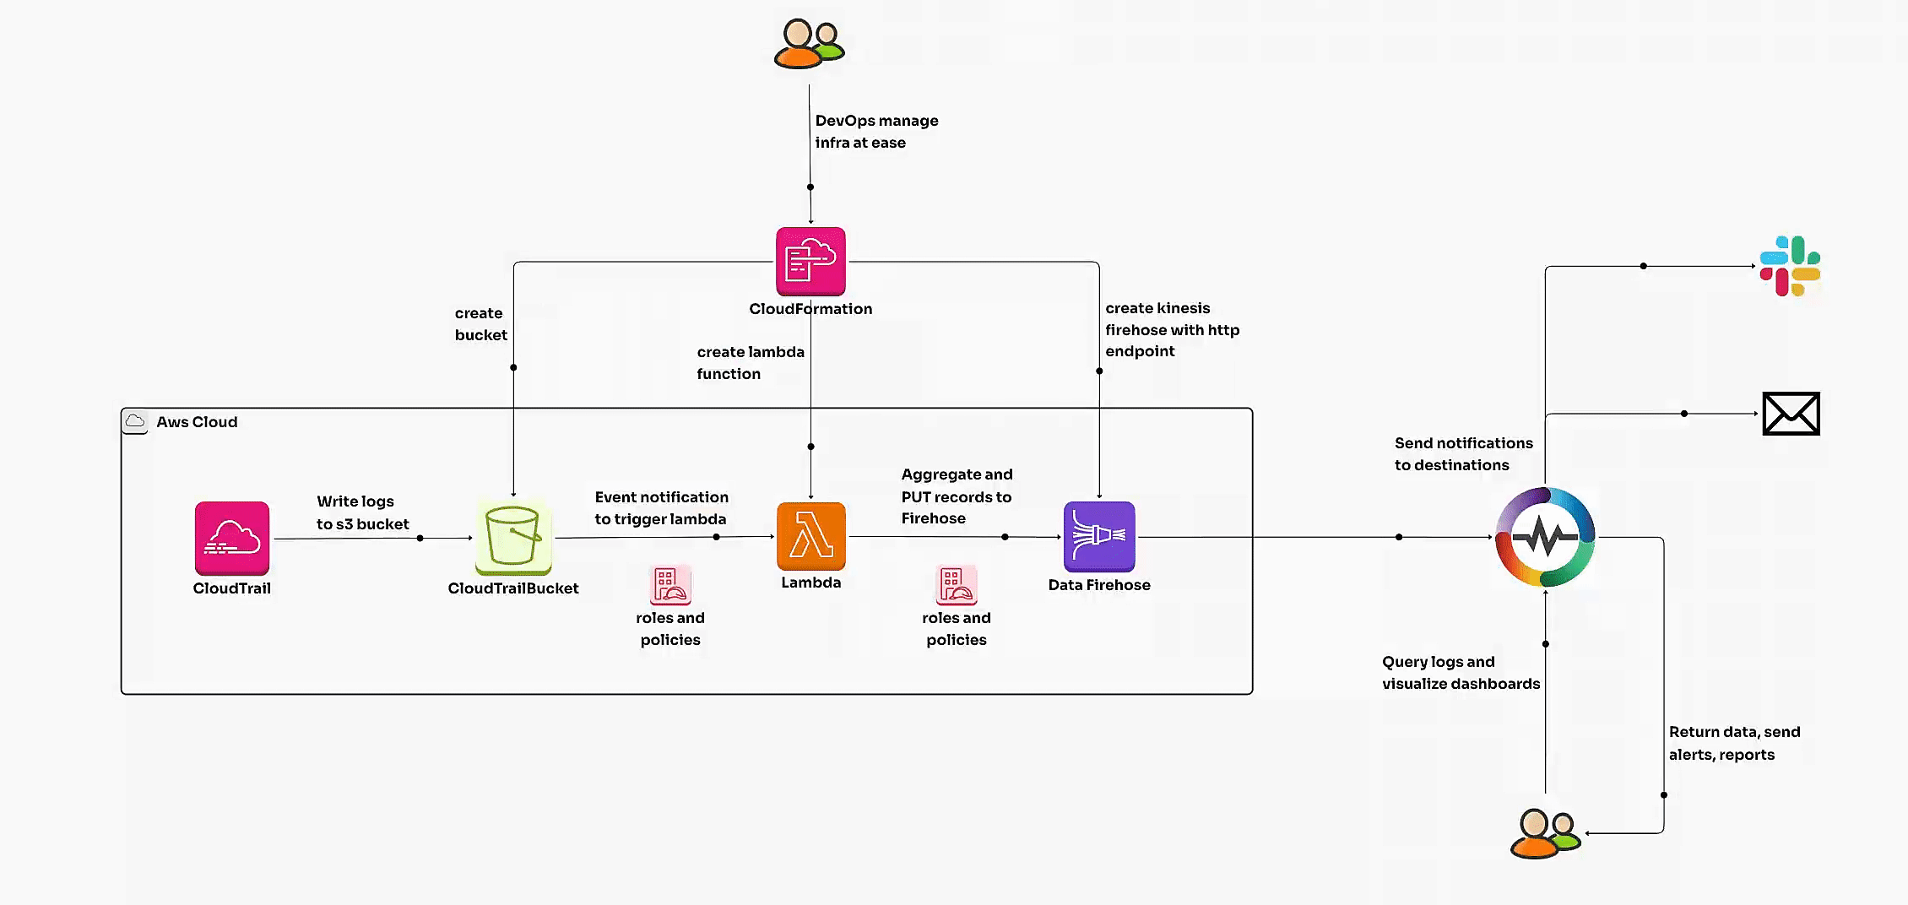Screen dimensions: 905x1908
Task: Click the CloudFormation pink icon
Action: coord(810,261)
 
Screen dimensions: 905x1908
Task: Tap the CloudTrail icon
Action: coord(232,538)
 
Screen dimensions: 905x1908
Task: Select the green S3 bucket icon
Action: coord(513,537)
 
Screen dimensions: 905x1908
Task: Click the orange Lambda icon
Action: coord(810,536)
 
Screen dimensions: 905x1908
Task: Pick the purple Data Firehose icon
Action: coord(1099,536)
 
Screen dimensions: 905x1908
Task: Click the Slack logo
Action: coord(1790,266)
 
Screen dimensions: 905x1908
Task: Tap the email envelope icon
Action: coord(1791,414)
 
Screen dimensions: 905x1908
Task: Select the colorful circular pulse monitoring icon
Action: coord(1545,537)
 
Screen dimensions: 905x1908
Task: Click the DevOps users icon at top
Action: coord(809,44)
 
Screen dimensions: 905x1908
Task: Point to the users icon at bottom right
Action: coord(1545,834)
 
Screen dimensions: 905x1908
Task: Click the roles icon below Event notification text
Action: coord(670,585)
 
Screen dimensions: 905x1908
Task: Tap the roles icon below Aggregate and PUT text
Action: coord(956,585)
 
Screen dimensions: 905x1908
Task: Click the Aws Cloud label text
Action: coord(197,422)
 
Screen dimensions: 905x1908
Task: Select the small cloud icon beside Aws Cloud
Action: coord(135,421)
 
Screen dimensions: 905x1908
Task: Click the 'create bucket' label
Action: coord(480,324)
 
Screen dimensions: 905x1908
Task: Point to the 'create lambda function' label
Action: coord(750,363)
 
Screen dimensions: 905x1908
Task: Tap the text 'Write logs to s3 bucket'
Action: coord(362,512)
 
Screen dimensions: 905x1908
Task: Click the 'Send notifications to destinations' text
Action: coord(1463,454)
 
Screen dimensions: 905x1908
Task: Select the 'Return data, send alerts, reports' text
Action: coord(1733,743)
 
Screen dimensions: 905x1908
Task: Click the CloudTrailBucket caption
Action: coord(513,588)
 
